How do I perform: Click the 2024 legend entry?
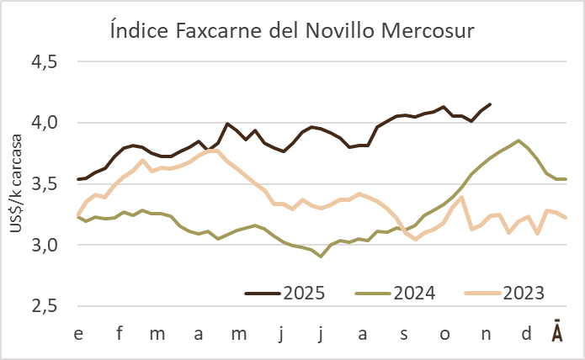pyautogui.click(x=413, y=294)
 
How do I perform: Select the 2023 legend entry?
pyautogui.click(x=524, y=294)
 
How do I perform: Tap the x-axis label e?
pyautogui.click(x=78, y=334)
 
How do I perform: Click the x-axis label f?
pyautogui.click(x=119, y=334)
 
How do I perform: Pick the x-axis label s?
pyautogui.click(x=403, y=334)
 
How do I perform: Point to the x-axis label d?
pyautogui.click(x=526, y=334)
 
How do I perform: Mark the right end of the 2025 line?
pyautogui.click(x=491, y=104)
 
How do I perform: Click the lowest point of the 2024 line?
pyautogui.click(x=321, y=257)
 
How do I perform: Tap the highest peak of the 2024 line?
pyautogui.click(x=518, y=140)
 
